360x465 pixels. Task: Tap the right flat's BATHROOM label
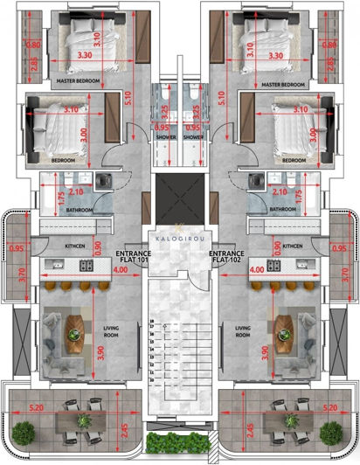[281, 210]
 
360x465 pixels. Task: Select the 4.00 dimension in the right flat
[256, 272]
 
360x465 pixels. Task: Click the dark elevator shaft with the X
[180, 191]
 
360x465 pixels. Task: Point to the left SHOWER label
[166, 137]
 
